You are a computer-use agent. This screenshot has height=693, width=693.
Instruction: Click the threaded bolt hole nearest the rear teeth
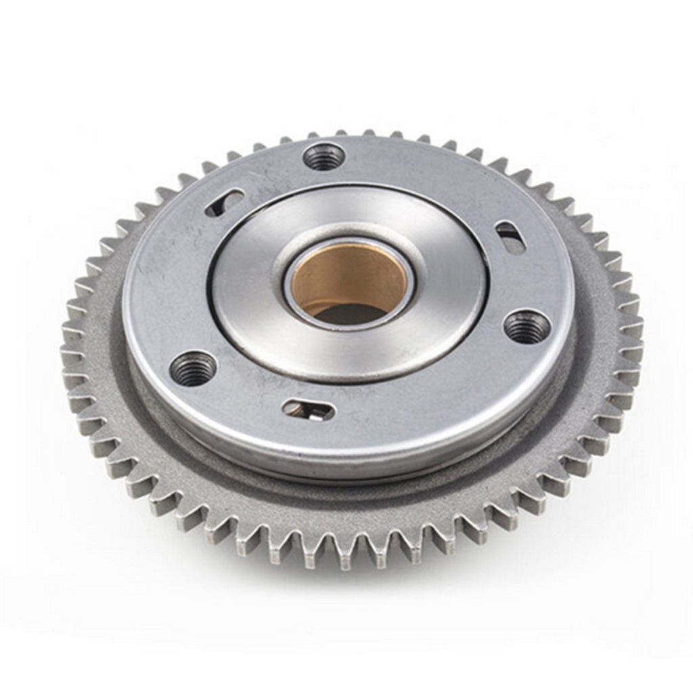323,157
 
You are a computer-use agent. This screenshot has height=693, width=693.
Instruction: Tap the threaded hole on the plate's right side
527,327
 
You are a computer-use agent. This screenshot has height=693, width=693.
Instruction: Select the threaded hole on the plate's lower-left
193,368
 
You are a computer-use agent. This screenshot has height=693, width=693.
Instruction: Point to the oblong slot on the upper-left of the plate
225,202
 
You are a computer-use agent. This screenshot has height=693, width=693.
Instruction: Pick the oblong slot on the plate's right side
510,237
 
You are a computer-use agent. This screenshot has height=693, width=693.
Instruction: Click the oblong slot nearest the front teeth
309,409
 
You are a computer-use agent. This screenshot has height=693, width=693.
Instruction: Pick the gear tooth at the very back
369,133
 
